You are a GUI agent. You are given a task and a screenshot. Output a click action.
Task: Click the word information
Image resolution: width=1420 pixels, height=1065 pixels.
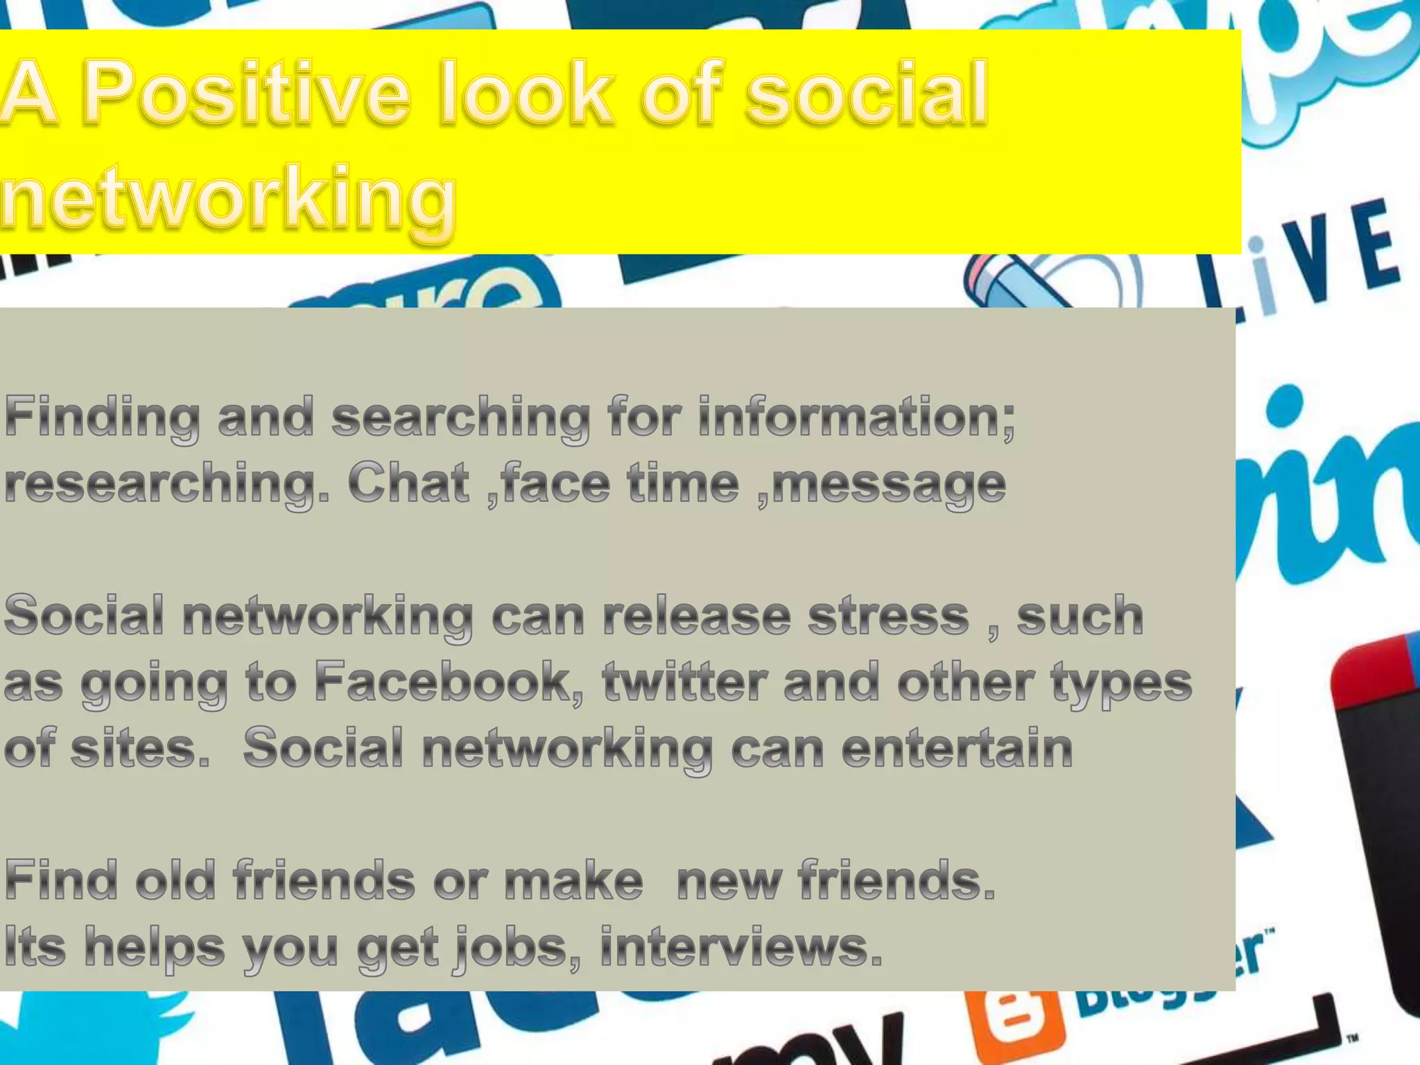[x=857, y=417]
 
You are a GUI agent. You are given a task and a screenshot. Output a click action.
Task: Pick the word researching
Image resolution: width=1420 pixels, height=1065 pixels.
[x=167, y=484]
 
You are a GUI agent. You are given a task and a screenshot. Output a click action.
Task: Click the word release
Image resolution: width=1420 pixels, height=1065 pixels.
[x=697, y=616]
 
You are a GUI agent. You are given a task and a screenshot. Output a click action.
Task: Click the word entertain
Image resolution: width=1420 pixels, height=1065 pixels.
[x=957, y=748]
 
